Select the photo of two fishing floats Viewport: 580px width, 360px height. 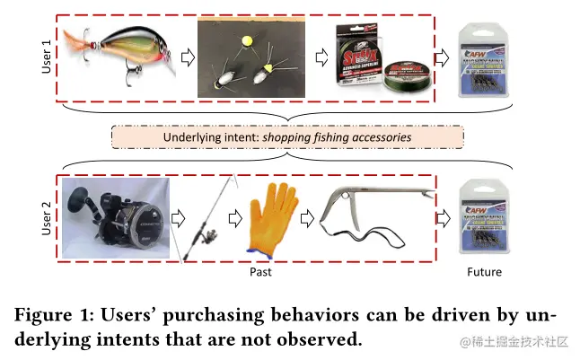click(x=250, y=61)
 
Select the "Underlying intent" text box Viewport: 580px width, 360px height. click(x=287, y=137)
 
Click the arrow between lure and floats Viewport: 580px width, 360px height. click(x=188, y=59)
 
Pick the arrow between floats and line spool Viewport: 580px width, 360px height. click(x=321, y=59)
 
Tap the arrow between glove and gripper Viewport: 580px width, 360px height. click(x=305, y=218)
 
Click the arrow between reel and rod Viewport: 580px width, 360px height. click(x=177, y=218)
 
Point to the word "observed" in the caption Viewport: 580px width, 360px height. click(x=321, y=339)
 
